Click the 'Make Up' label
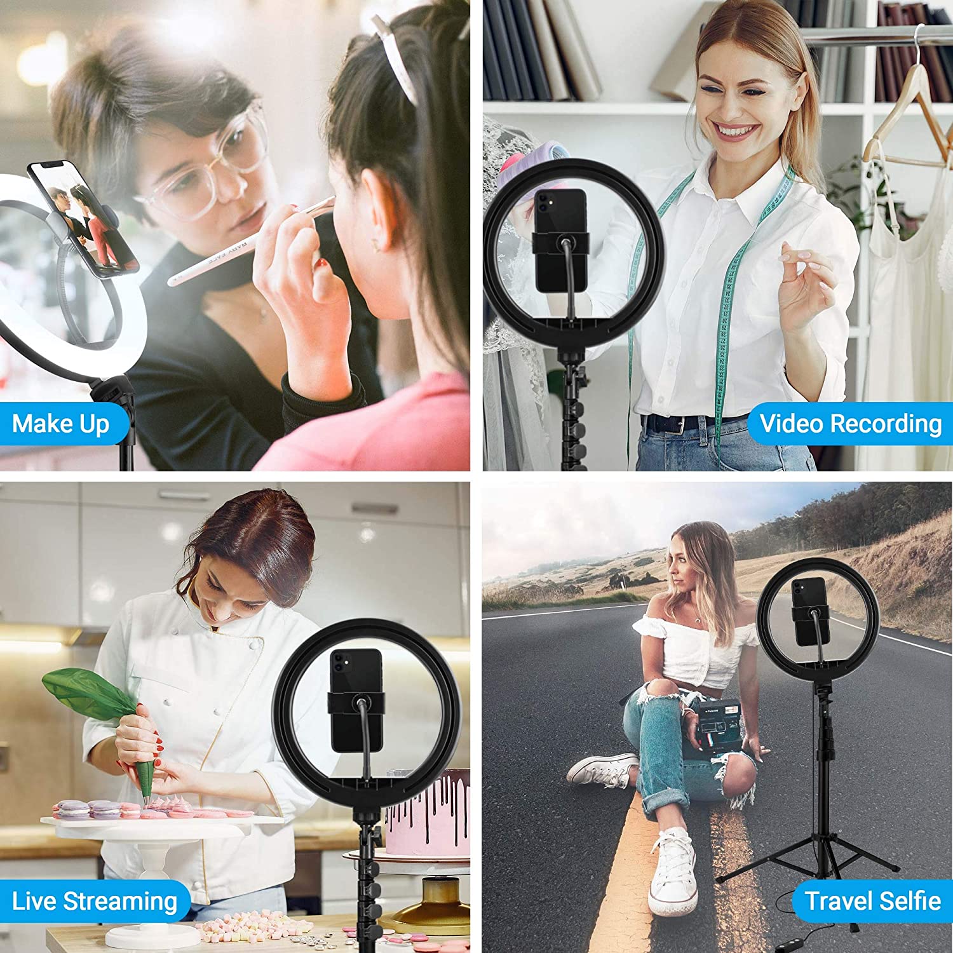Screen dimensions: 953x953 pyautogui.click(x=60, y=424)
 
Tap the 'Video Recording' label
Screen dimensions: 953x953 pyautogui.click(x=850, y=423)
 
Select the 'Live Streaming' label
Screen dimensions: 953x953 pyautogui.click(x=94, y=901)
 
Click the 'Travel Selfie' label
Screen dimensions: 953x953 pyautogui.click(x=872, y=901)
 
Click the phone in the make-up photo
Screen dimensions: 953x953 pyautogui.click(x=83, y=219)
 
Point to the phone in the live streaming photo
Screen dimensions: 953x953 pyautogui.click(x=356, y=699)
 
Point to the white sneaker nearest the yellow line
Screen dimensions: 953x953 pyautogui.click(x=673, y=870)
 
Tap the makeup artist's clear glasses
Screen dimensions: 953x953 pyautogui.click(x=203, y=172)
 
